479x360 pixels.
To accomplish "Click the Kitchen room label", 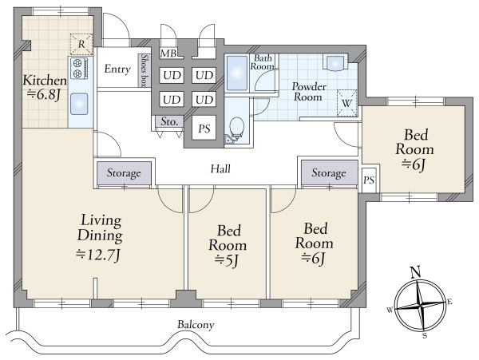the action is (45, 88).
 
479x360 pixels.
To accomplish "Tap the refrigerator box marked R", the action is (81, 44).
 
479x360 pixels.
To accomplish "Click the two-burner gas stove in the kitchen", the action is (79, 68).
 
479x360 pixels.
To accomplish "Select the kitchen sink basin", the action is (79, 104).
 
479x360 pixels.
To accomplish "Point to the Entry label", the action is (117, 69).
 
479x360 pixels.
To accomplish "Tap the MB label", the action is (168, 53).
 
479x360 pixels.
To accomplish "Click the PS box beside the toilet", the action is (204, 129).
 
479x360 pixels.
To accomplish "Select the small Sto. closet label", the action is (169, 121).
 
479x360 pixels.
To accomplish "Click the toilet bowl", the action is (236, 127).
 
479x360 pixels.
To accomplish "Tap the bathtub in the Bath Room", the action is (237, 73).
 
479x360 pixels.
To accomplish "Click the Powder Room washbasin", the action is (336, 63).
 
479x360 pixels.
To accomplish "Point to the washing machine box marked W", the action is (346, 103).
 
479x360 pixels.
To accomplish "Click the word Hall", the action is (220, 169).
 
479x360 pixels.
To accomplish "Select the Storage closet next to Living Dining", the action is (124, 173).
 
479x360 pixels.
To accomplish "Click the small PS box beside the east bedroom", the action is (369, 180).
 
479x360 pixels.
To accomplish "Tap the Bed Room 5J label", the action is (228, 246).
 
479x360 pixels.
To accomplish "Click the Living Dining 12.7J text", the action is (100, 238).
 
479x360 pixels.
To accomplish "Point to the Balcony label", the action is (196, 324).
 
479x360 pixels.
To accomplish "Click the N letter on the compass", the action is (415, 271).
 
